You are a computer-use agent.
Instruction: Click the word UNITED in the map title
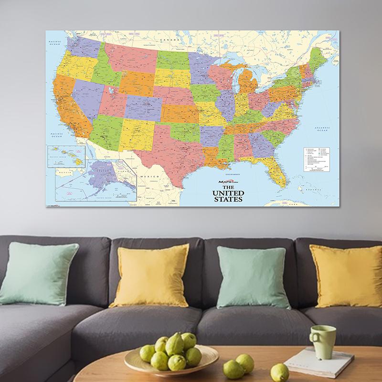[x=232, y=193]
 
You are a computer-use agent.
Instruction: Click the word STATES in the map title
[x=232, y=200]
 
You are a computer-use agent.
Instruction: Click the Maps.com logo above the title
[x=231, y=183]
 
